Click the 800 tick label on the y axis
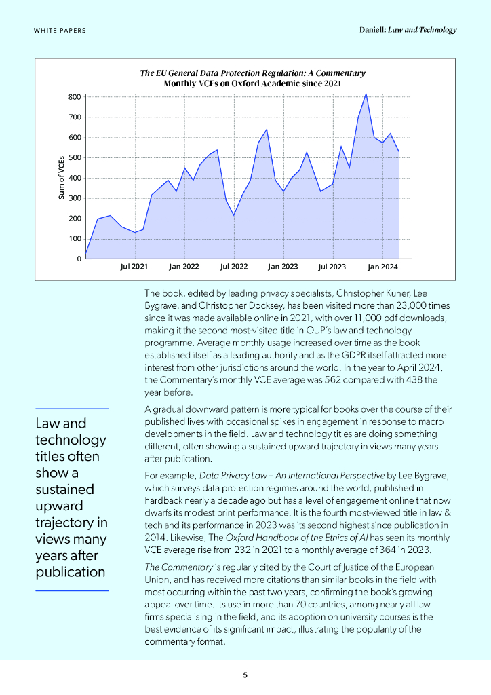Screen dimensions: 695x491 [74, 97]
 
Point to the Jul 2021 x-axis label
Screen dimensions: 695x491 [134, 267]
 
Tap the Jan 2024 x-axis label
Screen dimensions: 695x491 [382, 267]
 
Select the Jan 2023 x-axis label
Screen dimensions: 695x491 [283, 267]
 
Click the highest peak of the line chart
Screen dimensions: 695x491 [366, 94]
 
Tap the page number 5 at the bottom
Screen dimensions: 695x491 [245, 675]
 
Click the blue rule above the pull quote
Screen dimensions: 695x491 [72, 409]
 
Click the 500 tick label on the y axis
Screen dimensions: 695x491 [74, 158]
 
